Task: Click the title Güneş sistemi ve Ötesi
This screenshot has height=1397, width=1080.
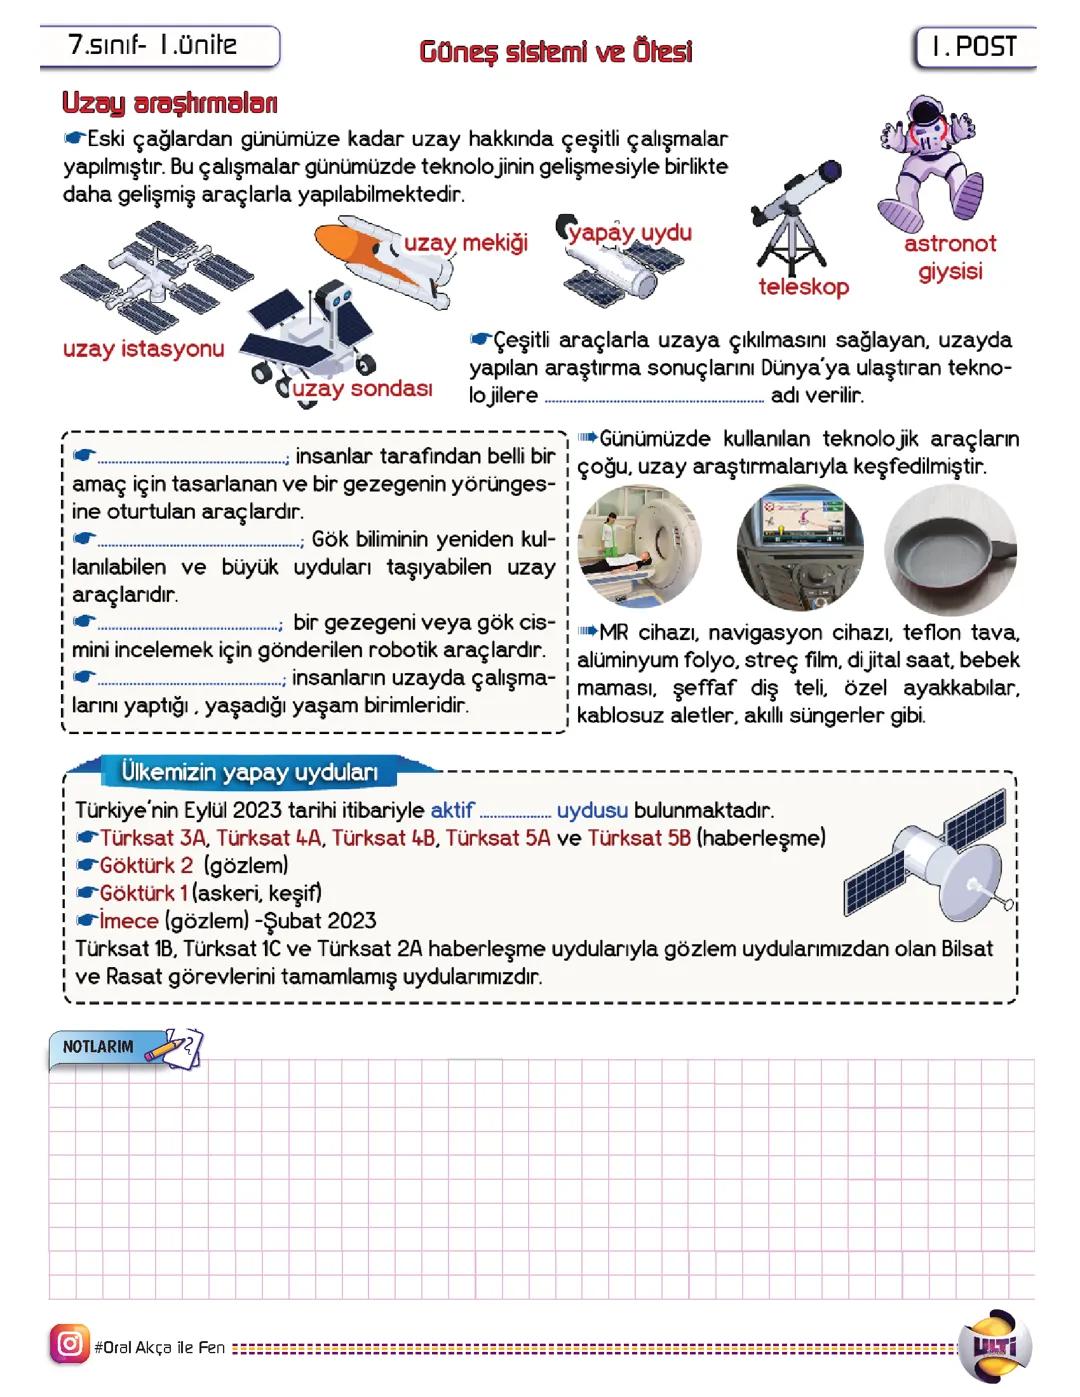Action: [x=555, y=51]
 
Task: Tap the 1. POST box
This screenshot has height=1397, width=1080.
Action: [x=974, y=48]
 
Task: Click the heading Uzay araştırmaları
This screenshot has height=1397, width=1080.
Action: [x=170, y=103]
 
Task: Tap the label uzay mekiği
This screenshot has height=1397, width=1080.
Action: [x=466, y=243]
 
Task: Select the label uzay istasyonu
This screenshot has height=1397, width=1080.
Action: [x=143, y=349]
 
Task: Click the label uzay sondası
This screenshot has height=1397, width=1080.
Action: [x=362, y=388]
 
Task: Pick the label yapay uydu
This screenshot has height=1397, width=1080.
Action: [x=630, y=233]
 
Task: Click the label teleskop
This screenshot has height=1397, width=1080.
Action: [x=803, y=287]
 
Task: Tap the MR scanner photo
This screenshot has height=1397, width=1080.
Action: [x=640, y=547]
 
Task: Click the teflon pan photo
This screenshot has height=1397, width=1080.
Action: [x=950, y=547]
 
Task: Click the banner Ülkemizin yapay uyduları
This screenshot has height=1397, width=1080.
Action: [x=249, y=772]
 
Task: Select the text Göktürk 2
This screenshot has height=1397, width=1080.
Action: [x=146, y=865]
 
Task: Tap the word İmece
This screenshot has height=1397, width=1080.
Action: [x=129, y=921]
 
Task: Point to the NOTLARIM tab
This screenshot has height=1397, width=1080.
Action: [x=98, y=1047]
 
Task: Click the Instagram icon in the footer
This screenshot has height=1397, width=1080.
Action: [x=69, y=1343]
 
